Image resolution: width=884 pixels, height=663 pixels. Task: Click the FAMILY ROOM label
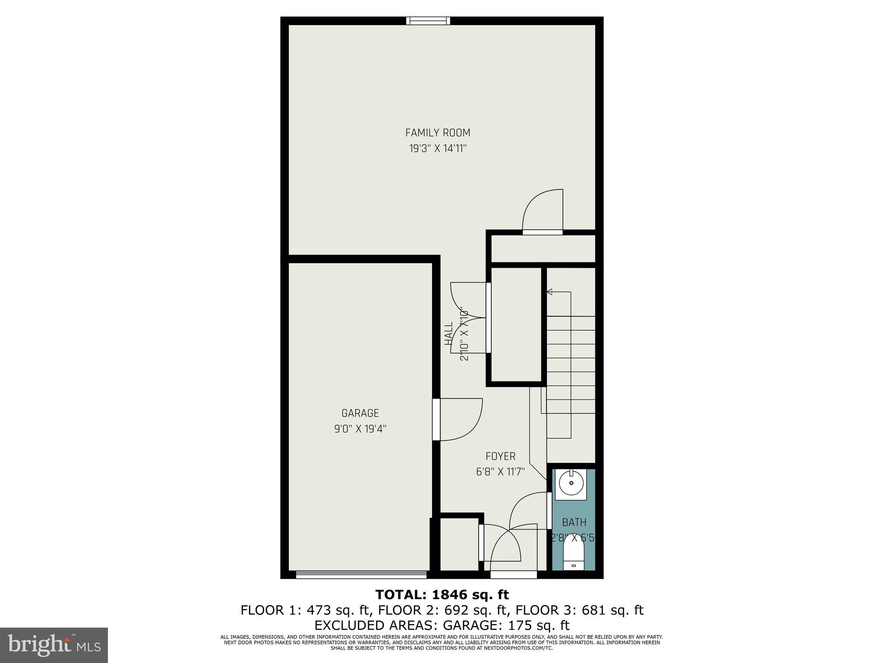point(437,133)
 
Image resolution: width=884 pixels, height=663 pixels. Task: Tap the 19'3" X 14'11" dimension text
point(438,149)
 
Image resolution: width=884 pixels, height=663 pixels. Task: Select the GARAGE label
point(360,413)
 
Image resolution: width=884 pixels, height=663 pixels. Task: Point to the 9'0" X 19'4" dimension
point(360,429)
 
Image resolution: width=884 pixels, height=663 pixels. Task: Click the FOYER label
point(500,456)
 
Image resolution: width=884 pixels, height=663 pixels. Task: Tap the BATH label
point(574,523)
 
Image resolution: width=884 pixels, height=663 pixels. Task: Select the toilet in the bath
point(574,556)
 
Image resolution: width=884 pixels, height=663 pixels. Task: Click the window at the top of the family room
point(428,21)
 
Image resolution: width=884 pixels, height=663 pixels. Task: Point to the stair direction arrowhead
point(549,292)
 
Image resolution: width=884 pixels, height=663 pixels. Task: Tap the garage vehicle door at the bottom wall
point(361,575)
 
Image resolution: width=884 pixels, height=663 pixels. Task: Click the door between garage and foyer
point(458,419)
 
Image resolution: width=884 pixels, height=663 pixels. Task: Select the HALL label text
point(449,333)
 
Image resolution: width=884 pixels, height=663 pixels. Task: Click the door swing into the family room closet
point(543,212)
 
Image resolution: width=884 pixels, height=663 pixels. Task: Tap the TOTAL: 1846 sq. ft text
point(442,595)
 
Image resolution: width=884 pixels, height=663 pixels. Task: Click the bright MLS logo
point(54,645)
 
